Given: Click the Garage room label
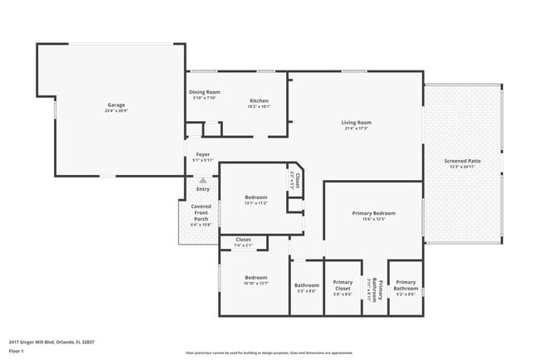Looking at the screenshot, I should [116, 105].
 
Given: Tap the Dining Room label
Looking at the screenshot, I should [204, 92].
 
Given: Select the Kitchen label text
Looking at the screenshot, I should [259, 101].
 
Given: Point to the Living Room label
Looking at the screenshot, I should [356, 123].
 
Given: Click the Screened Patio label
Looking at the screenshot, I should [462, 161].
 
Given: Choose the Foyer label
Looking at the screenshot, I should [203, 154].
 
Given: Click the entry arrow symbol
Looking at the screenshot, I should [203, 179].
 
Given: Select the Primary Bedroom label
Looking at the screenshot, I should [373, 213].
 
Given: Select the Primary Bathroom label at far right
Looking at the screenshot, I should [405, 286].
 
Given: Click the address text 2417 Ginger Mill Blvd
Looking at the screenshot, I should [46, 341].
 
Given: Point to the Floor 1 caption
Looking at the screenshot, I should [17, 352].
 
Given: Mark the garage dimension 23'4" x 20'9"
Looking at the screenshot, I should [116, 110].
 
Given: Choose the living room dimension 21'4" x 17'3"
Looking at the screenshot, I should [356, 129].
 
